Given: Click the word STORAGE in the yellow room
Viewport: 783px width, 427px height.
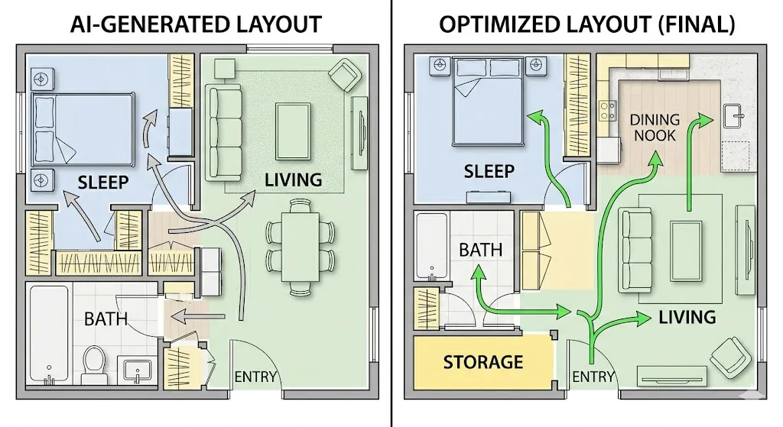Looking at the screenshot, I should pos(483,361).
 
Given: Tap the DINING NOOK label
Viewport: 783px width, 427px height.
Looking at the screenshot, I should pos(654,127).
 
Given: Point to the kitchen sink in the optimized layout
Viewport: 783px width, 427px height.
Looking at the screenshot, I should pos(736,117).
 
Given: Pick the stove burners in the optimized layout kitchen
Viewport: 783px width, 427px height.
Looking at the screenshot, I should pos(608,111).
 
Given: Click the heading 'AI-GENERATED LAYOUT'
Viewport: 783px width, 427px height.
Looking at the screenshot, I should pos(196,24).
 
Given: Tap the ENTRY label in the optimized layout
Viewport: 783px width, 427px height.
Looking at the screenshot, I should pos(593,377).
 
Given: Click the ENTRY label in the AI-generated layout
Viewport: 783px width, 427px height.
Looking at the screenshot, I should pos(255,377).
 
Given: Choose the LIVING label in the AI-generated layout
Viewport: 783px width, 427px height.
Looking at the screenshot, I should pos(293,180).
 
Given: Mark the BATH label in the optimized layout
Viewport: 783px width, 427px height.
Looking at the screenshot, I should pos(480,249).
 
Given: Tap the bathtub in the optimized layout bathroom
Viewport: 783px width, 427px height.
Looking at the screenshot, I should pos(432,246).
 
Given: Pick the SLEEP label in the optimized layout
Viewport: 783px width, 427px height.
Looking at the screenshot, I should pos(489,172).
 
